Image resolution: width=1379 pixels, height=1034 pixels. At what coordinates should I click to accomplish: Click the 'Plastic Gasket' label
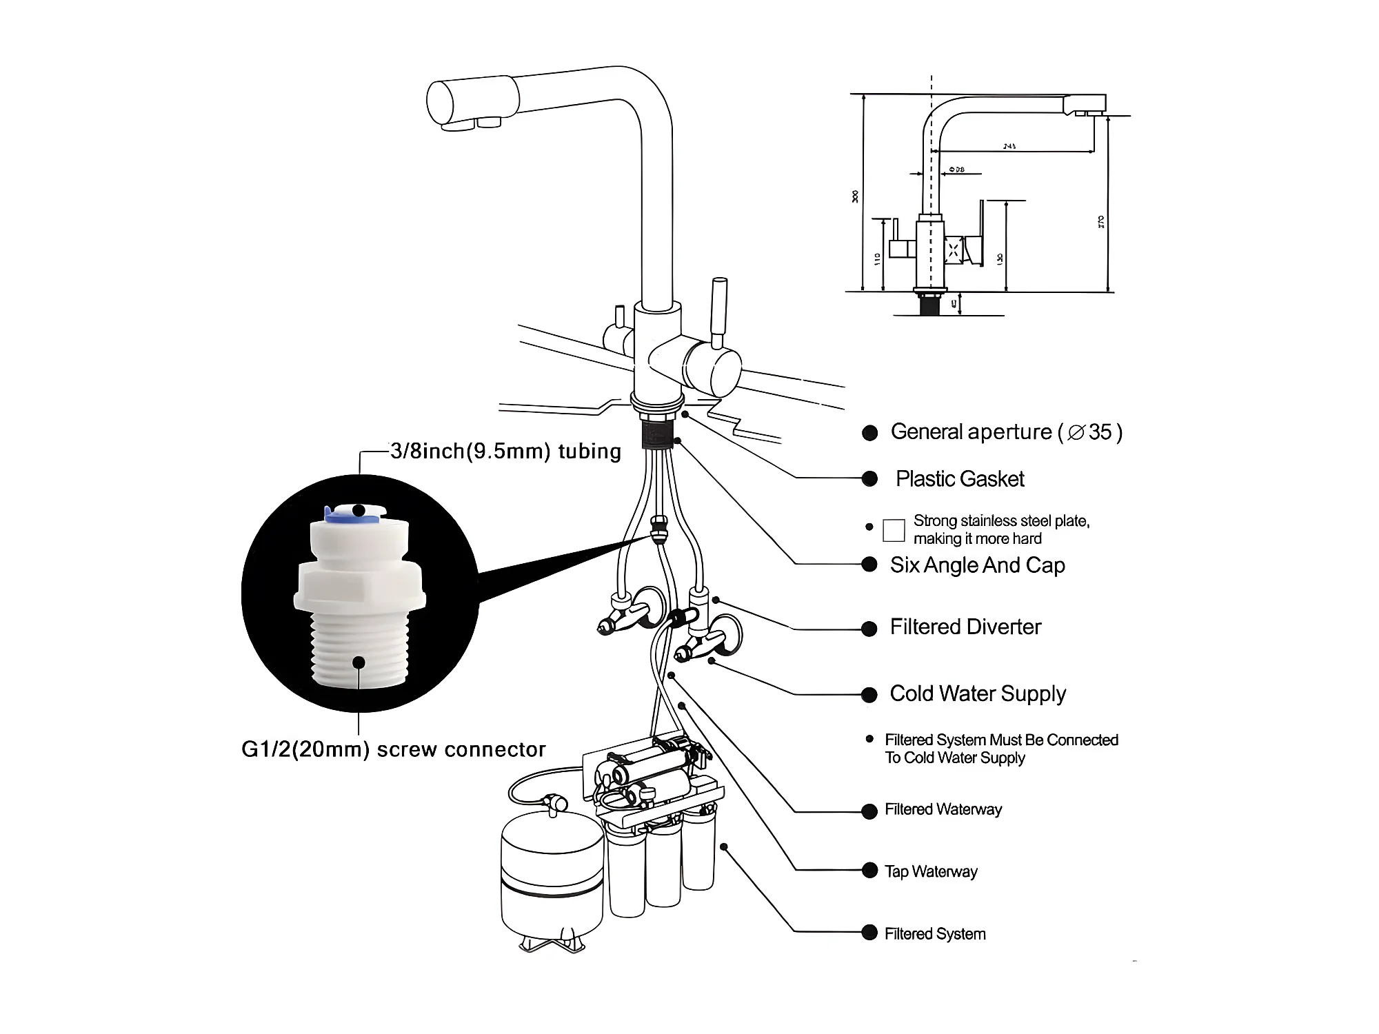pyautogui.click(x=960, y=479)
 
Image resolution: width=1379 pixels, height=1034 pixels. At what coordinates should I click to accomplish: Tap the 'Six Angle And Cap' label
pyautogui.click(x=977, y=565)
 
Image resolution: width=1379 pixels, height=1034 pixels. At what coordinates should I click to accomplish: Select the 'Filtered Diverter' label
pyautogui.click(x=965, y=627)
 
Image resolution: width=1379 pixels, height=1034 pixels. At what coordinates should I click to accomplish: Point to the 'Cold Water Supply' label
pyautogui.click(x=978, y=693)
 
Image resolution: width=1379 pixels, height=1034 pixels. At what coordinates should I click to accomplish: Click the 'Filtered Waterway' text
pyautogui.click(x=943, y=810)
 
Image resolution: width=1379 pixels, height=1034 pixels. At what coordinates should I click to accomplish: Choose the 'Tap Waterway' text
pyautogui.click(x=931, y=872)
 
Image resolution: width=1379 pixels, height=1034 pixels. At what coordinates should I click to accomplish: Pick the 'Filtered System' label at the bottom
pyautogui.click(x=935, y=934)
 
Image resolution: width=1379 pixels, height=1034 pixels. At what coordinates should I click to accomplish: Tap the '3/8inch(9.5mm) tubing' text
pyautogui.click(x=505, y=452)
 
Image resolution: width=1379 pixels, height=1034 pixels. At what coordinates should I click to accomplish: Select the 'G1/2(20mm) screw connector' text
pyautogui.click(x=393, y=749)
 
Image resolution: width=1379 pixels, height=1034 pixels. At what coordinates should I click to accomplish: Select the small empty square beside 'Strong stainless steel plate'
pyautogui.click(x=894, y=530)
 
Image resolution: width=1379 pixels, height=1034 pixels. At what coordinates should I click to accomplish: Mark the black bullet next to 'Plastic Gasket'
pyautogui.click(x=870, y=479)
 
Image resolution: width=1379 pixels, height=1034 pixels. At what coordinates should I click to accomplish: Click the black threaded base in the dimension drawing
pyautogui.click(x=931, y=303)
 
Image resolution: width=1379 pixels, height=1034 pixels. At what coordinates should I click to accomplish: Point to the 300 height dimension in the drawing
pyautogui.click(x=856, y=196)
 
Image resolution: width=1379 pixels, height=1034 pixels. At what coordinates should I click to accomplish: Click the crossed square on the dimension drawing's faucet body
pyautogui.click(x=954, y=249)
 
